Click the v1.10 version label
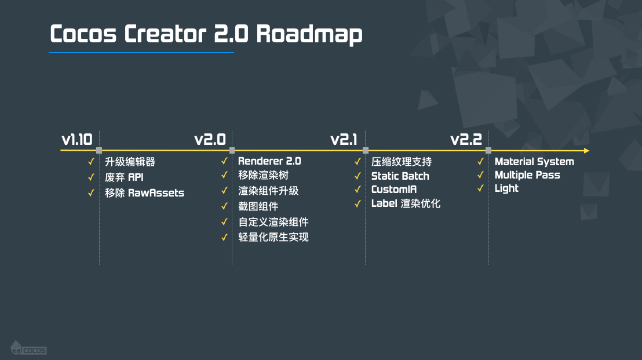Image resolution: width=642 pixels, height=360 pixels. (76, 140)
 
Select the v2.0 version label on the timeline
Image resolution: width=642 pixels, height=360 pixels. (209, 140)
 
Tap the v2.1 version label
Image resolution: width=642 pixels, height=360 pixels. (344, 140)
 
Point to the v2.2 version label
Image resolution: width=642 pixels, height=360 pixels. (466, 140)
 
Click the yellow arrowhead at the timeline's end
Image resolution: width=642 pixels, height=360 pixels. (586, 151)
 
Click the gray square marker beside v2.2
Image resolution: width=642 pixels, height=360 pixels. (488, 151)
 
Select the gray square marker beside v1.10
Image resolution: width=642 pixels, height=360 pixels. (99, 151)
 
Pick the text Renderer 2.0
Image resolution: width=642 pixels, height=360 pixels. (269, 161)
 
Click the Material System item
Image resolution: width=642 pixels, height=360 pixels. (534, 162)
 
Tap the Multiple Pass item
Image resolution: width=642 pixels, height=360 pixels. (527, 175)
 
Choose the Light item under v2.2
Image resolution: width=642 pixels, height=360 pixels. (506, 188)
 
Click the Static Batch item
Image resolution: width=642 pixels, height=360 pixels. (400, 176)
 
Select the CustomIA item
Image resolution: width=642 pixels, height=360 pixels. (394, 190)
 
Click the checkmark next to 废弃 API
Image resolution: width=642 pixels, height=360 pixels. (91, 178)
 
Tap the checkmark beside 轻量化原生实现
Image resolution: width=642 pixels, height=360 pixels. (224, 237)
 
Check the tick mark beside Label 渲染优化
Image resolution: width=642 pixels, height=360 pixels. (358, 203)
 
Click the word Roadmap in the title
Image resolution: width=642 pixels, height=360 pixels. (309, 35)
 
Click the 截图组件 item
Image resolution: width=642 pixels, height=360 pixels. (258, 206)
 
